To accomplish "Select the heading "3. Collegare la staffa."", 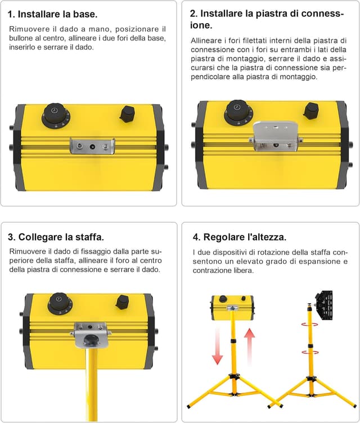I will coord(56,236).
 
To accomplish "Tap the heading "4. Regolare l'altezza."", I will coord(240,236).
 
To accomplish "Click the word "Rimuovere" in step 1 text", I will coord(27,29).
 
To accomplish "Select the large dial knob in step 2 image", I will coord(238,112).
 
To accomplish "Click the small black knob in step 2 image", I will coord(309,110).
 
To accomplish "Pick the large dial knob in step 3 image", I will coord(60,304).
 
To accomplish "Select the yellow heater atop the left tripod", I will coord(232,307).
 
